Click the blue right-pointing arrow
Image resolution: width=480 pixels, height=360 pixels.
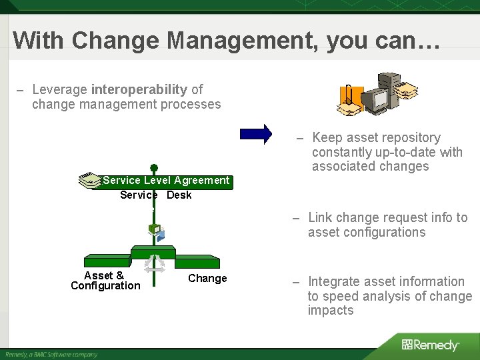257,133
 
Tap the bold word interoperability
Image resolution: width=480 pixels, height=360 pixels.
139,89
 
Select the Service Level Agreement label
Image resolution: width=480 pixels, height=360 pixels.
166,181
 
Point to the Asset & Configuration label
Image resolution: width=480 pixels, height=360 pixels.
105,281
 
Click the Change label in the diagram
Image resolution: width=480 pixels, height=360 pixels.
207,279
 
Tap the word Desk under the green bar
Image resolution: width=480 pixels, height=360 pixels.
179,195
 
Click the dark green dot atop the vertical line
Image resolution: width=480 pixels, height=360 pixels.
154,168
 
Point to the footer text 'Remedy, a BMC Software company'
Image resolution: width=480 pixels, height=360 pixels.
51,354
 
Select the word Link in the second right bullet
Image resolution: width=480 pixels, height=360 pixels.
320,218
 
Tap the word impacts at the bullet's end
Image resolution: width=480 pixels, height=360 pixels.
331,311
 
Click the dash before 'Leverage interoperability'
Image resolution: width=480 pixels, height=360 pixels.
21,90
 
